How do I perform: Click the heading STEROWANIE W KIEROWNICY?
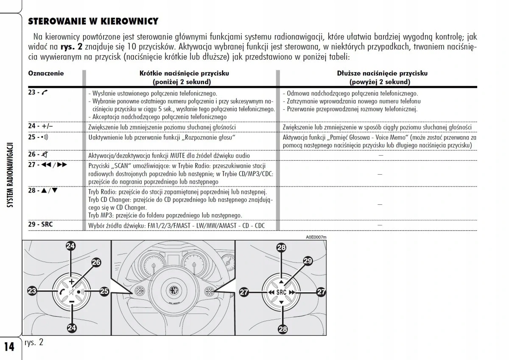[93, 21]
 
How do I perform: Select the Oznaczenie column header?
[46, 73]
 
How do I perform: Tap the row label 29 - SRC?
[41, 224]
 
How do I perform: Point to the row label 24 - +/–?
[41, 126]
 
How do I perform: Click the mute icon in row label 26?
[45, 155]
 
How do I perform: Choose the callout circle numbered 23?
[32, 291]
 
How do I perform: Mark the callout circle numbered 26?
[96, 262]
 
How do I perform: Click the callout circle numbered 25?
[104, 291]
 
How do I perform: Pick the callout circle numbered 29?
[308, 261]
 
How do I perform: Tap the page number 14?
[9, 346]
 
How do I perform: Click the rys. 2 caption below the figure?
[34, 342]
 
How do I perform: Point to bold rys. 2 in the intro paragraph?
[71, 47]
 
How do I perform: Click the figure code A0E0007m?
[316, 237]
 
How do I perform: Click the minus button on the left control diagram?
[71, 301]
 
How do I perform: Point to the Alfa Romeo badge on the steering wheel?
[173, 291]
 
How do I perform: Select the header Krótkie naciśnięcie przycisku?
[184, 73]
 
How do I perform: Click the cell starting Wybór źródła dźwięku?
[176, 225]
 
